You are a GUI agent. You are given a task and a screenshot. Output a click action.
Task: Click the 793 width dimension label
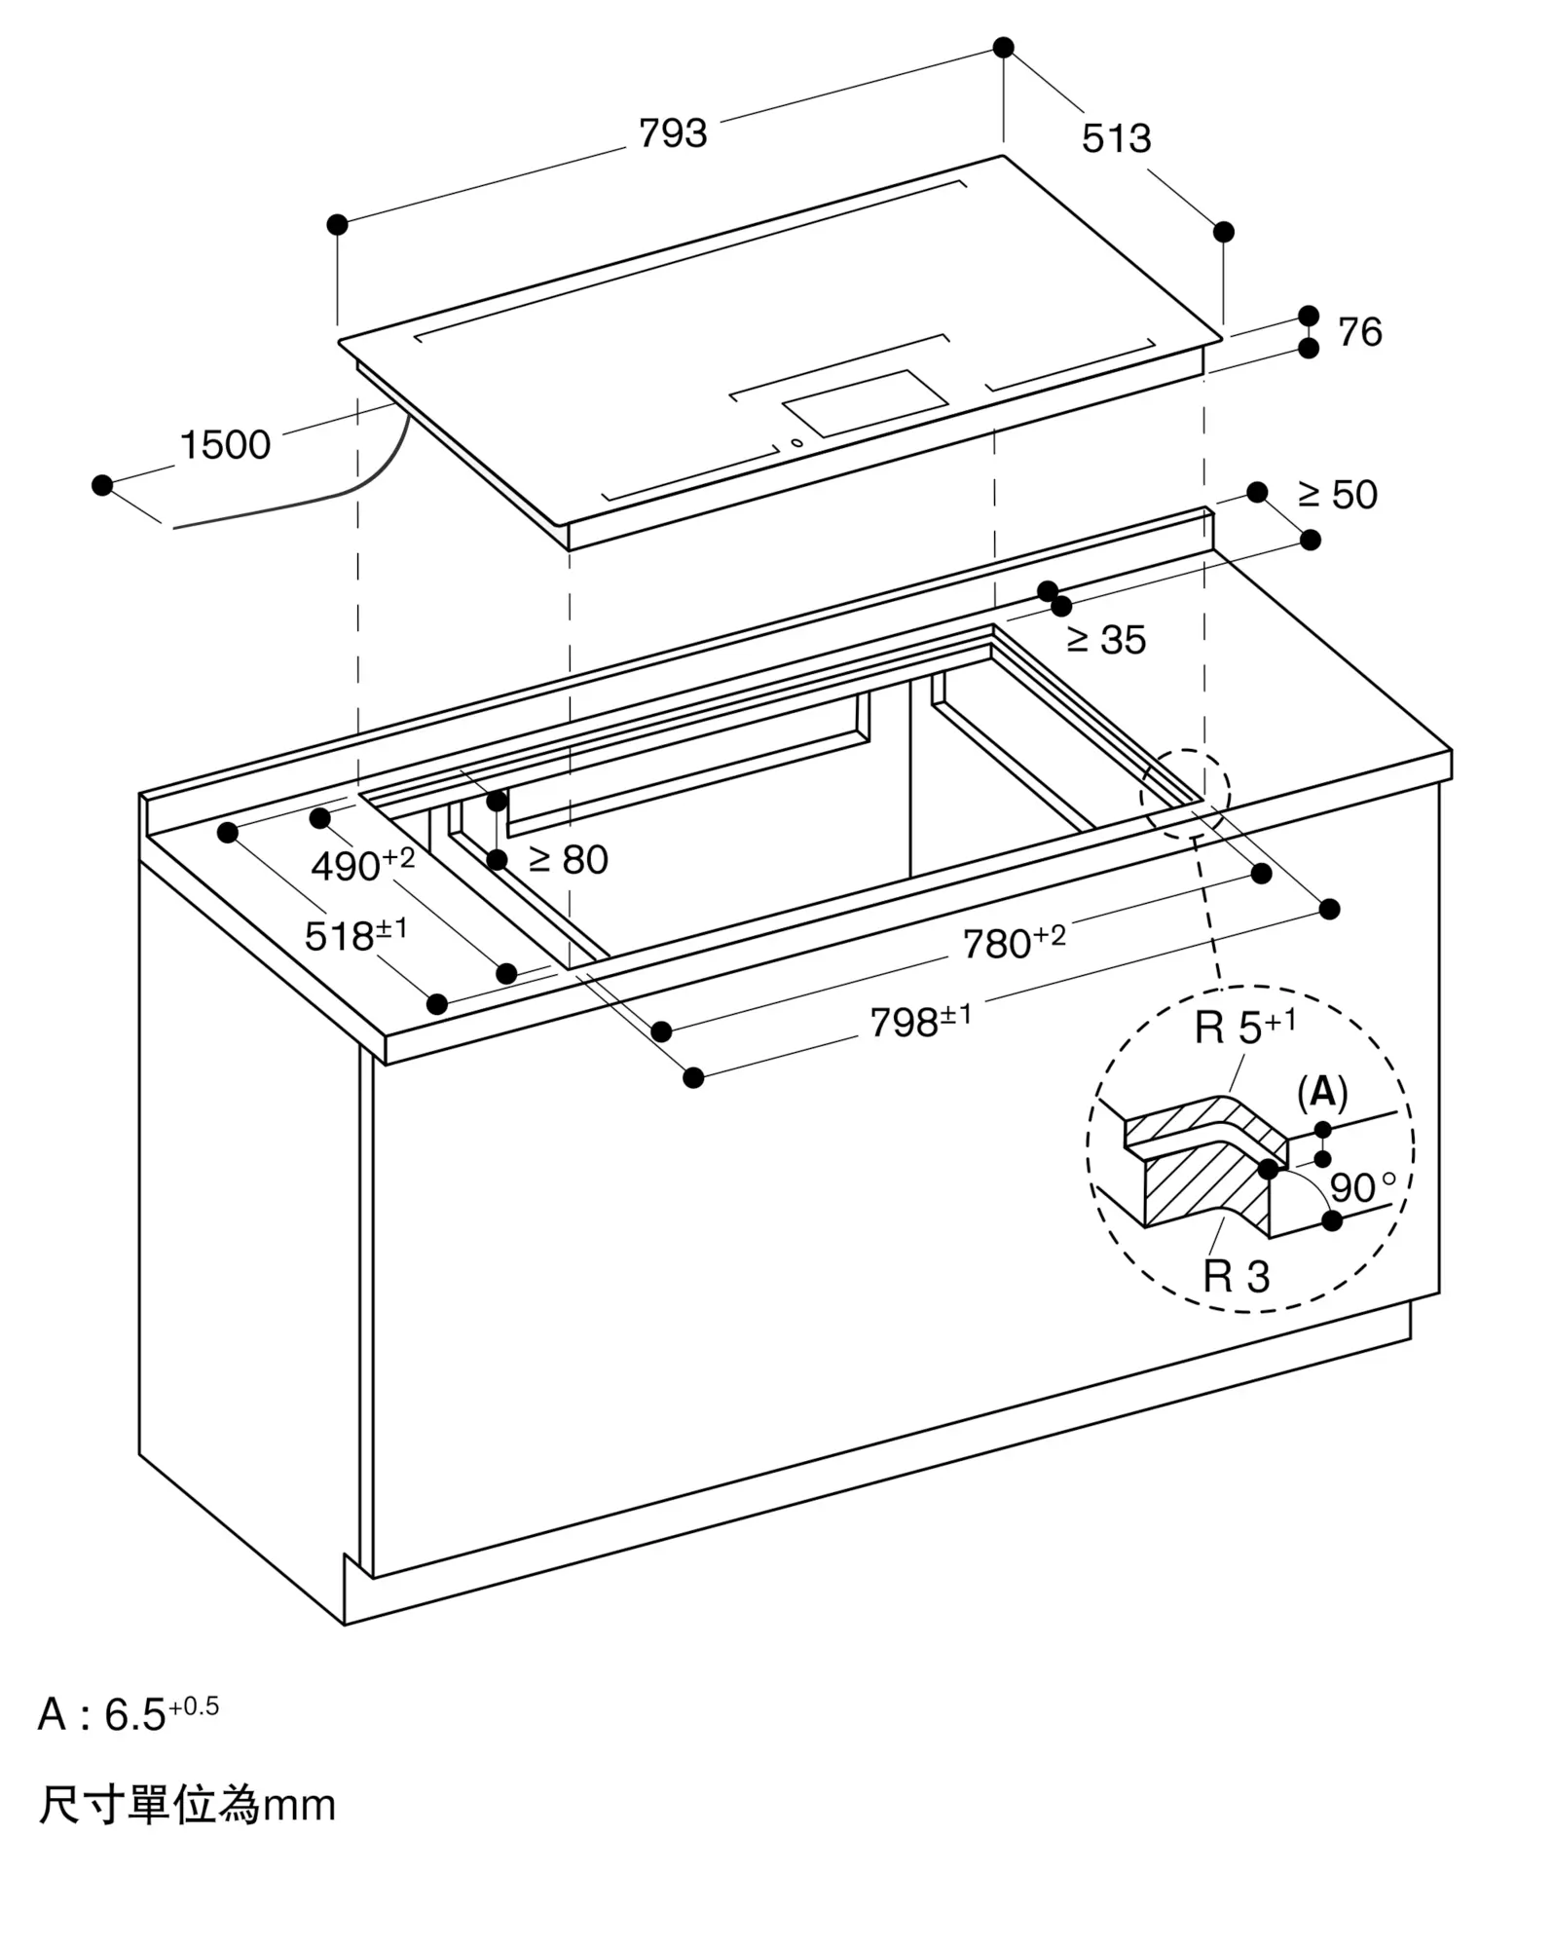click(673, 133)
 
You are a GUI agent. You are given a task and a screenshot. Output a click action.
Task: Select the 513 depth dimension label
click(1116, 138)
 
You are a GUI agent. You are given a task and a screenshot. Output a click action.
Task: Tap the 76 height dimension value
click(1359, 332)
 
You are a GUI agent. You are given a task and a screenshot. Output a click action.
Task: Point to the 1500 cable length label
click(226, 445)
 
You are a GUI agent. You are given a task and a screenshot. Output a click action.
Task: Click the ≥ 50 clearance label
click(1338, 495)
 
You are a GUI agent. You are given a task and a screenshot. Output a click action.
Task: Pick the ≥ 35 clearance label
click(1106, 640)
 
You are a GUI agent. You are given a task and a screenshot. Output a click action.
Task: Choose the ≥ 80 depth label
click(569, 859)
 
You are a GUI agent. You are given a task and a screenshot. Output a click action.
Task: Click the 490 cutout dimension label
click(362, 864)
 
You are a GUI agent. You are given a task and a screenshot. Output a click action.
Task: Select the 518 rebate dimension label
click(355, 934)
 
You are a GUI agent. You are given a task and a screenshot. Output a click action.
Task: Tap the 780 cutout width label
click(1014, 942)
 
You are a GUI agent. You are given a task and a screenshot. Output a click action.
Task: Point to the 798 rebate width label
click(920, 1021)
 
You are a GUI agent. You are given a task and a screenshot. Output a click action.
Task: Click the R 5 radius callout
click(1245, 1027)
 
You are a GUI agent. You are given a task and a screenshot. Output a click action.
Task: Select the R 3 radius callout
click(1237, 1276)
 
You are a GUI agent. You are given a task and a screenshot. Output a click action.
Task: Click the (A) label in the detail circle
click(1322, 1093)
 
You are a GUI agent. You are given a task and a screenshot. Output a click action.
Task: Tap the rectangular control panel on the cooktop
click(865, 403)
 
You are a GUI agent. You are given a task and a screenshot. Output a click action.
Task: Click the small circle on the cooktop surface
click(797, 443)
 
